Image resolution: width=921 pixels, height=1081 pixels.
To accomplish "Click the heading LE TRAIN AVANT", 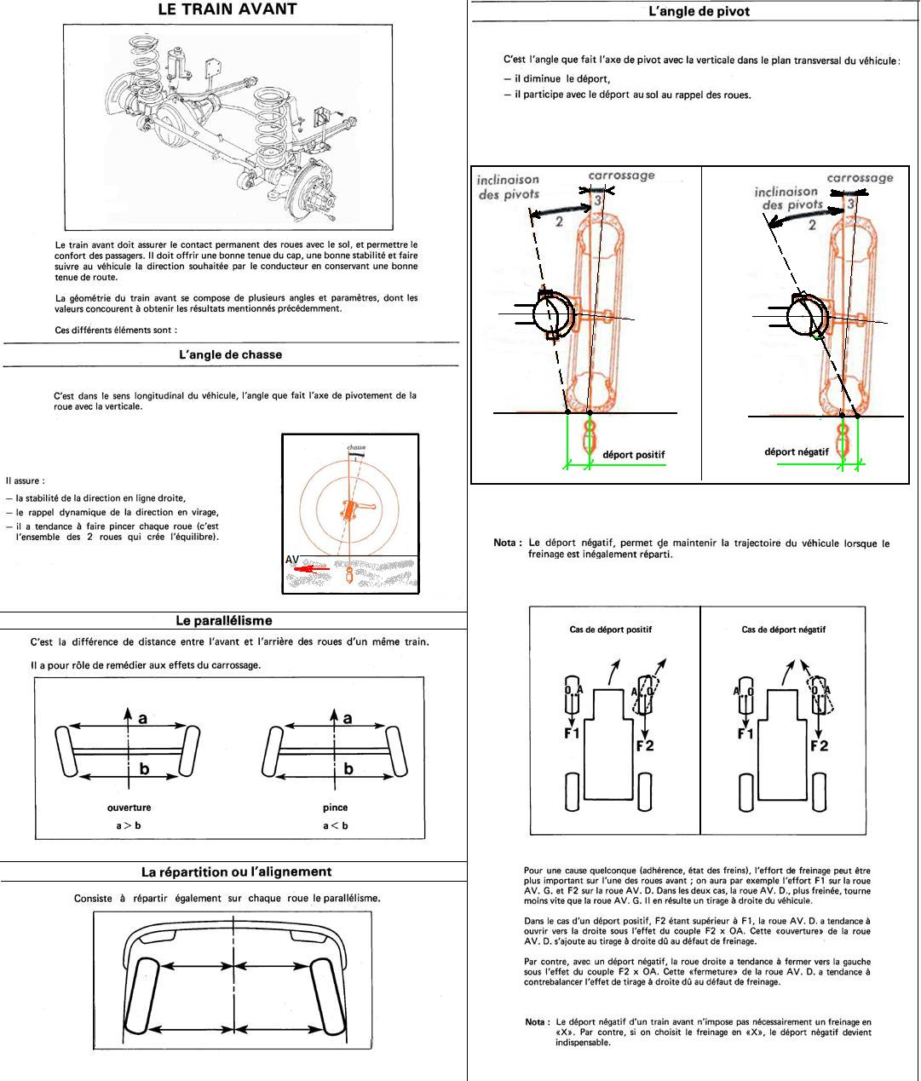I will pyautogui.click(x=227, y=10).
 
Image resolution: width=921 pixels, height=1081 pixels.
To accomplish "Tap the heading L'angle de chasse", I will pyautogui.click(x=230, y=354).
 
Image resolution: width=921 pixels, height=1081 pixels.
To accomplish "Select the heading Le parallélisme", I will pyautogui.click(x=223, y=621).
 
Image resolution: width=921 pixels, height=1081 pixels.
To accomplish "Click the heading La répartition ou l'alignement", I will pyautogui.click(x=236, y=871).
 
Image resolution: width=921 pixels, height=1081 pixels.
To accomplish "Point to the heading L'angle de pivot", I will pyautogui.click(x=699, y=12).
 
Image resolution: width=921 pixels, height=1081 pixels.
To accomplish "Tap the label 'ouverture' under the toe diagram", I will pyautogui.click(x=129, y=808).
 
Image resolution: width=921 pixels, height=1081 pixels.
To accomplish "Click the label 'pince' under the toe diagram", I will pyautogui.click(x=335, y=808).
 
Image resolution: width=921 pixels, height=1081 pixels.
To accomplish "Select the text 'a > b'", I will pyautogui.click(x=129, y=825).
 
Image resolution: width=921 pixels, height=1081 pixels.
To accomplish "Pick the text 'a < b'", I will pyautogui.click(x=335, y=825).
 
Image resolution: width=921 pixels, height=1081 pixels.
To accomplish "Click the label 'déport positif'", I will pyautogui.click(x=633, y=455).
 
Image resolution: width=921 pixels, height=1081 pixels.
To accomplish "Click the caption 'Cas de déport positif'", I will pyautogui.click(x=610, y=630).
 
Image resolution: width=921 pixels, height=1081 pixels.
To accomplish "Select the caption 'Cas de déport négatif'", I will pyautogui.click(x=783, y=630).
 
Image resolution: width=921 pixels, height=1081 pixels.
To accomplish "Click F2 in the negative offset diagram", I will pyautogui.click(x=819, y=745).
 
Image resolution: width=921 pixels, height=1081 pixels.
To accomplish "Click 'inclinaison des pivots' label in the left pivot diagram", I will pyautogui.click(x=508, y=187).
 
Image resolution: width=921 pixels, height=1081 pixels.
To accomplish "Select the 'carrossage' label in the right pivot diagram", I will pyautogui.click(x=860, y=178).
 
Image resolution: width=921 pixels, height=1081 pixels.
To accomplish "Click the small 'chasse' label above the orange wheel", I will pyautogui.click(x=356, y=447).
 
